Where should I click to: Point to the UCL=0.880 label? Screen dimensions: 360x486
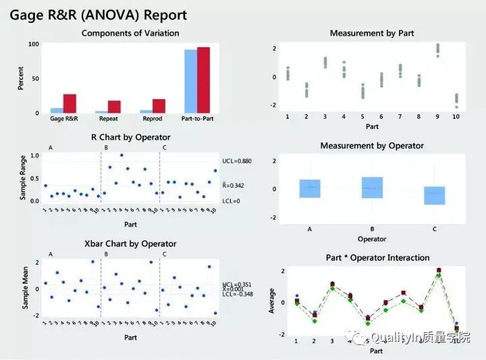point(236,161)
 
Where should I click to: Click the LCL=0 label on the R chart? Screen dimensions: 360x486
point(232,201)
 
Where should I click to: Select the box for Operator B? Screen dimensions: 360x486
point(372,187)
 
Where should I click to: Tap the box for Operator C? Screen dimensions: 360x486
point(435,195)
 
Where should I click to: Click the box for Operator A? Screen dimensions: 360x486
point(309,188)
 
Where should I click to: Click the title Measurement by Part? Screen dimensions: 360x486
point(372,33)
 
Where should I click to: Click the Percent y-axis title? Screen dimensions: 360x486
point(20,78)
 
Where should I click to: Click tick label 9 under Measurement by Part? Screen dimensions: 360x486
point(437,117)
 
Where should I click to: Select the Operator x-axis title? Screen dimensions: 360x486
point(372,238)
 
